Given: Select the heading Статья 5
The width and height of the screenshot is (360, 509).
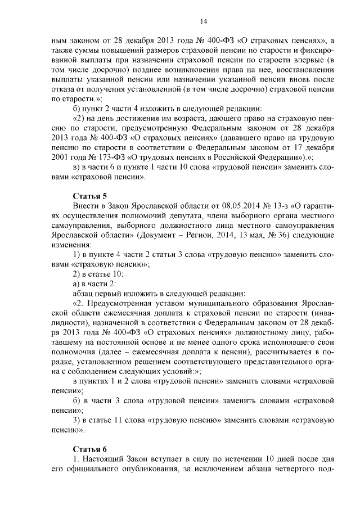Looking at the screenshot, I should (x=89, y=196).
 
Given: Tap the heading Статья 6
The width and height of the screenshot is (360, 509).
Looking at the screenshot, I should (x=89, y=448).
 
